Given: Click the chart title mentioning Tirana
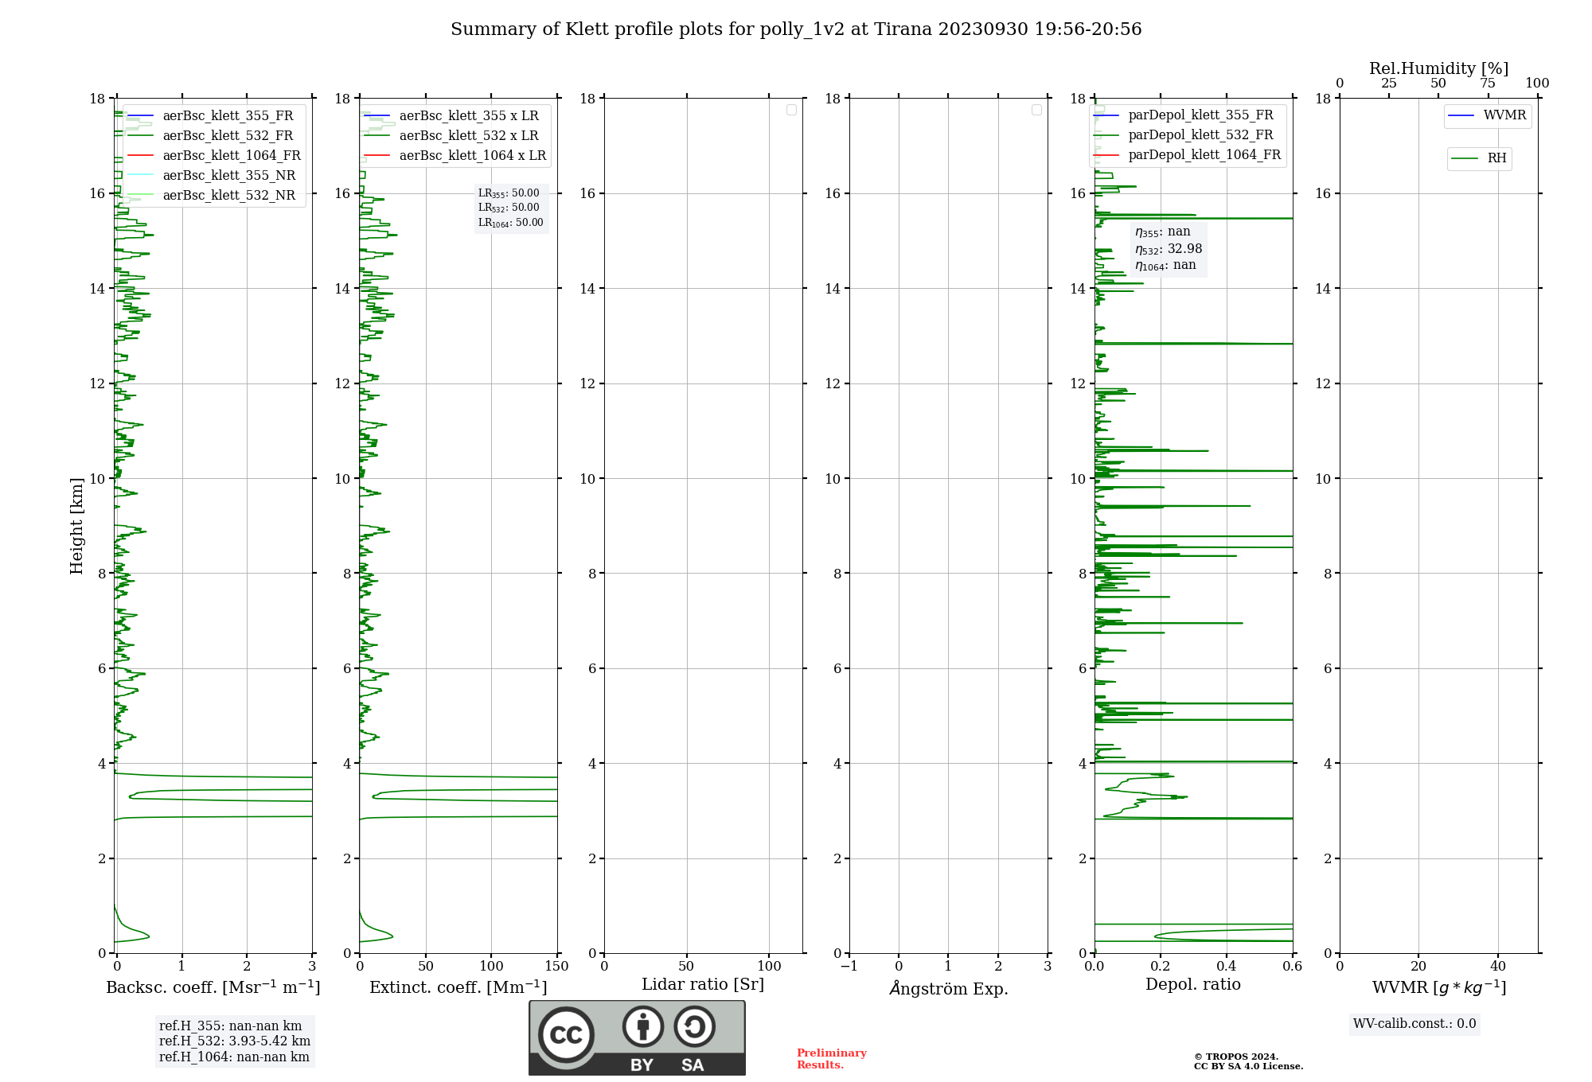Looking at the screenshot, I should point(796,29).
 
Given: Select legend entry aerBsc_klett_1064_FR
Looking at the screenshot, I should point(231,156).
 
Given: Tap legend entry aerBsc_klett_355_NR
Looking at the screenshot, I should point(228,176).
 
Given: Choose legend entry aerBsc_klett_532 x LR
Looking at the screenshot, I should point(468,136).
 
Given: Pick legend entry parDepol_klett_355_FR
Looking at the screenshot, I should point(1200,115).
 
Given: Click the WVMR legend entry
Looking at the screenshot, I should point(1504,115).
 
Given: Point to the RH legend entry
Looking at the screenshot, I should point(1496,158).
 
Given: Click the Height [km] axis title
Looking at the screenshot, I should point(76,526).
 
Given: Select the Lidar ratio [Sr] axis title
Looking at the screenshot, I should point(703,985).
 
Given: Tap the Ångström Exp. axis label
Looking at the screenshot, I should point(949,989).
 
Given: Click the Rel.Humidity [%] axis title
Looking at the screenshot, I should point(1438,68).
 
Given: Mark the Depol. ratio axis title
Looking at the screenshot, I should point(1193,985).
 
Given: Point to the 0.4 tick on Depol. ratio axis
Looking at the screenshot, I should point(1227,967).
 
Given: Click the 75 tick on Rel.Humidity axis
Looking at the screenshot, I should point(1487,84).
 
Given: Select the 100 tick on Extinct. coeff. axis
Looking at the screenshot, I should point(491,967).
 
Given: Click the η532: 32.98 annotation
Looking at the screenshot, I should point(1169,249).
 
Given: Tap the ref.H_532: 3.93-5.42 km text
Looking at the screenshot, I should point(235,1041).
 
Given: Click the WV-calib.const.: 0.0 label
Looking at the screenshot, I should point(1414,1024).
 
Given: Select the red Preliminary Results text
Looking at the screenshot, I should point(831,1059).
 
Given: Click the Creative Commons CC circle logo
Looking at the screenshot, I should point(566,1035).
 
